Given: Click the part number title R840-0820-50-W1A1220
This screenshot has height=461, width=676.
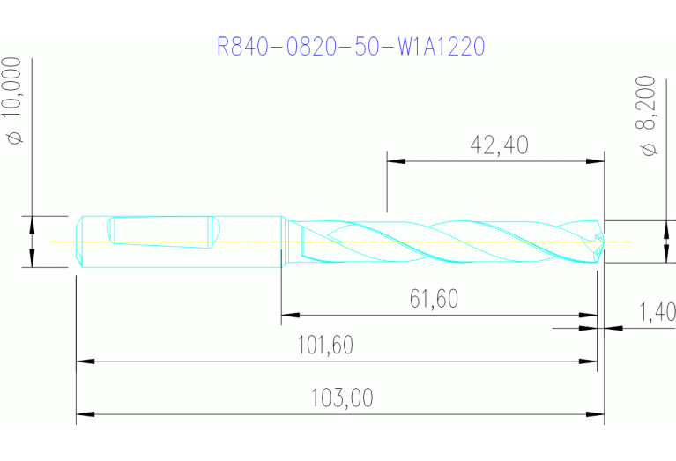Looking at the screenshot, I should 351,46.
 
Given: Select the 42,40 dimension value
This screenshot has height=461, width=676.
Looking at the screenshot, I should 500,145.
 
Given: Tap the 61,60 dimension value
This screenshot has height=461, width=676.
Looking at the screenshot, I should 434,300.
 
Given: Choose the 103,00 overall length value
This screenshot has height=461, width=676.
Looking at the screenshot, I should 341,398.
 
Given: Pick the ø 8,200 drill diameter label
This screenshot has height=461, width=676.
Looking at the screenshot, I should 650,115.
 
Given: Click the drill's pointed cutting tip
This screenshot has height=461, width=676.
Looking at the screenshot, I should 602,241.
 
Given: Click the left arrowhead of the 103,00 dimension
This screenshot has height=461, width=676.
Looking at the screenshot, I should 85,413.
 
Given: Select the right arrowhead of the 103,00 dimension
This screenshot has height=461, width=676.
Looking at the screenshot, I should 596,413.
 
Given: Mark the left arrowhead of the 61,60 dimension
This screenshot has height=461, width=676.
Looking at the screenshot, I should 289,314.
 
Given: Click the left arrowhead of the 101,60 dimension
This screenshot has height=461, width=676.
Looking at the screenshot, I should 85,361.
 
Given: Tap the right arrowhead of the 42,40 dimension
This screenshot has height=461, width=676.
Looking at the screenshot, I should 596,161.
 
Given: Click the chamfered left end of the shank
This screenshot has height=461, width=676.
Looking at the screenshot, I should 79,241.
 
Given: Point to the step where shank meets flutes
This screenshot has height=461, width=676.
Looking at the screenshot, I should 283,241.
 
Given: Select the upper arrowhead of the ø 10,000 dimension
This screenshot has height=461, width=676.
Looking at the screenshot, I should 32,223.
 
